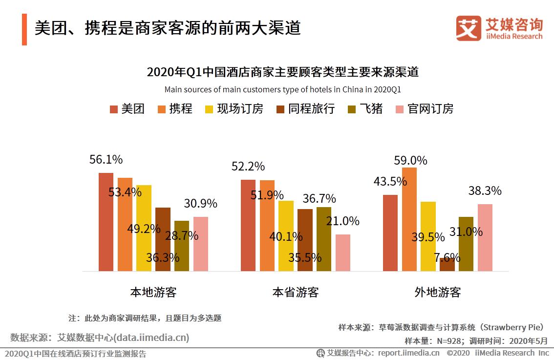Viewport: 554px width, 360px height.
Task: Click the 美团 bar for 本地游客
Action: pyautogui.click(x=106, y=222)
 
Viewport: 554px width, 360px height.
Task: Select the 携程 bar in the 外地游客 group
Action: pyautogui.click(x=409, y=219)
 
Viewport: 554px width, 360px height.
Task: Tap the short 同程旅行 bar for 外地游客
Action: pyautogui.click(x=447, y=265)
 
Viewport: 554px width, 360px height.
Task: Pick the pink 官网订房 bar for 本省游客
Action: pyautogui.click(x=343, y=253)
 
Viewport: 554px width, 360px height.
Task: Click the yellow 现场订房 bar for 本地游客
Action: pyautogui.click(x=144, y=228)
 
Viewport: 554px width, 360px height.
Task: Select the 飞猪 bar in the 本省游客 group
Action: pyautogui.click(x=323, y=239)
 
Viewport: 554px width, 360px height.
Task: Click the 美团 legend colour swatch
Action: pyautogui.click(x=114, y=109)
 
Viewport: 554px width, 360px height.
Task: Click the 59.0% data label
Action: pyautogui.click(x=411, y=160)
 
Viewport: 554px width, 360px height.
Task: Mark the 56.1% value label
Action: pyautogui.click(x=106, y=160)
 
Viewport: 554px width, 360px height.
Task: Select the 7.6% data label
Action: pyautogui.click(x=446, y=257)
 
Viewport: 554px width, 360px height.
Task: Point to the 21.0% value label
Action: pyautogui.click(x=342, y=221)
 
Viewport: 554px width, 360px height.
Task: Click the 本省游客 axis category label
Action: pyautogui.click(x=296, y=293)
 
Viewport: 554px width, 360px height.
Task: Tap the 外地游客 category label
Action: pyautogui.click(x=438, y=293)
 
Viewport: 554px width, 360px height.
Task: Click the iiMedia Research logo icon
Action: pyautogui.click(x=468, y=28)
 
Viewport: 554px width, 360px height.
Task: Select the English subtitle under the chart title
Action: pyautogui.click(x=282, y=89)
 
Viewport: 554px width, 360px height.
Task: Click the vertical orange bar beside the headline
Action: pyautogui.click(x=24, y=29)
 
